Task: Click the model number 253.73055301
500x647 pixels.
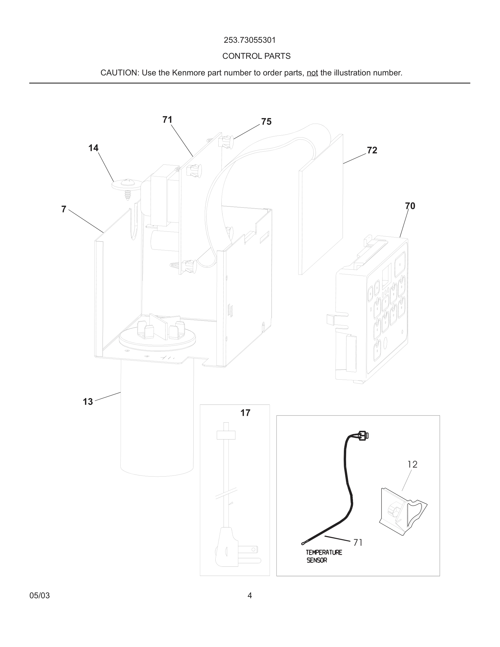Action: (250, 40)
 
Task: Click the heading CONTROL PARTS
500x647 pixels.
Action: (256, 56)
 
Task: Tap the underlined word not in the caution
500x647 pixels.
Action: (312, 73)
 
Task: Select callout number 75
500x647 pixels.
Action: (266, 122)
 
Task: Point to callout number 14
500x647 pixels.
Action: (93, 148)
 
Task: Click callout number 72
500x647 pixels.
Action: (372, 151)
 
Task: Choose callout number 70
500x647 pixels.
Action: (410, 206)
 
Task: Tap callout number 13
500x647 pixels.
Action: (88, 402)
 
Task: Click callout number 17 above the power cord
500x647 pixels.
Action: (245, 413)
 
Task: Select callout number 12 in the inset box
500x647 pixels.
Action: (412, 464)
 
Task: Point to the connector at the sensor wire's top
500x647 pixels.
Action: (363, 435)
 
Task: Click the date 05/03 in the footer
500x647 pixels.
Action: (39, 596)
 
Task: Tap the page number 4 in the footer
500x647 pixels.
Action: (250, 596)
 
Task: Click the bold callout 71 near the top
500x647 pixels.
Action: (167, 120)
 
